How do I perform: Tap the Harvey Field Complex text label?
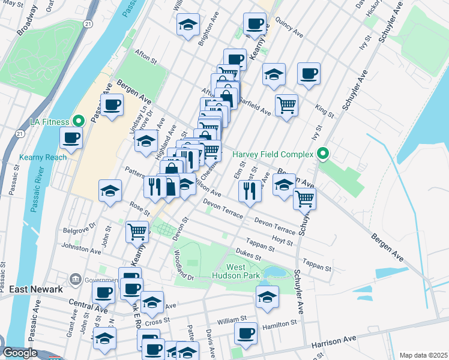273,155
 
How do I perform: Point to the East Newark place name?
35,289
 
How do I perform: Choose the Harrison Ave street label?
331,341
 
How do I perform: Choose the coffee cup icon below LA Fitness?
71,138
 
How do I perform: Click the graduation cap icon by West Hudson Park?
267,296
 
